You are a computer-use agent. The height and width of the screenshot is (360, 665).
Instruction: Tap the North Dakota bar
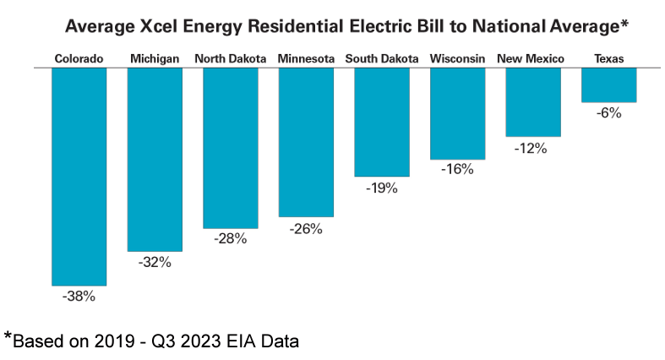coord(231,148)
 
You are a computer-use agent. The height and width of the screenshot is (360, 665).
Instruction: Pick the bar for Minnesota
coord(306,142)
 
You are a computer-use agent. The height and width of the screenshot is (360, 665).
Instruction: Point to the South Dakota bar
coord(382,122)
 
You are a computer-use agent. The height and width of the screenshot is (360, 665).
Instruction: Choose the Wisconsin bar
coord(457,113)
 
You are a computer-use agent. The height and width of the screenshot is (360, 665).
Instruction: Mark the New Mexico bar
coord(533,101)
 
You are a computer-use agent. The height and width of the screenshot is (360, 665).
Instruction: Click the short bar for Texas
coord(608,85)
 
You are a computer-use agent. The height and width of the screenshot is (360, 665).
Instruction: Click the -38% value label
coord(79,297)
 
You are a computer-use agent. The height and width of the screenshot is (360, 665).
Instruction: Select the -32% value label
coord(155,263)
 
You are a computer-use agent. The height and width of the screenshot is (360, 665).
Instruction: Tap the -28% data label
coord(230,239)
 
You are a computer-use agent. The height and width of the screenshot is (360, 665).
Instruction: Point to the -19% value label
coord(381,188)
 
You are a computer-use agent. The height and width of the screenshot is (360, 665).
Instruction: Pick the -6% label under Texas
coord(608,113)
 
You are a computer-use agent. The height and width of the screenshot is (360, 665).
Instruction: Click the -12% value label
coord(532,148)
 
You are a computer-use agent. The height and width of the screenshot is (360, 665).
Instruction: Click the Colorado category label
coord(79,58)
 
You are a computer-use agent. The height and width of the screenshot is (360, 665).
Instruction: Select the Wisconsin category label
coord(457,58)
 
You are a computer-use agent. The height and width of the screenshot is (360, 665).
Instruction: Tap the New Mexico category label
coord(532,58)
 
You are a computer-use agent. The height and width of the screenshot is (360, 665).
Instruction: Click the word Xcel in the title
coord(180,27)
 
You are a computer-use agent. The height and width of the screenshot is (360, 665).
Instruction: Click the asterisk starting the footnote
coord(8,337)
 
